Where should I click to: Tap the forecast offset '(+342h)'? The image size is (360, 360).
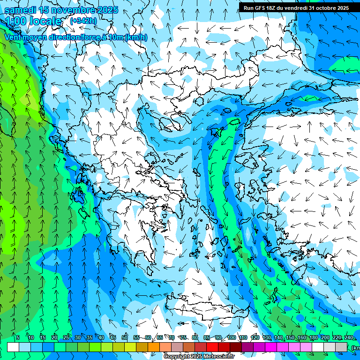pos(83,21)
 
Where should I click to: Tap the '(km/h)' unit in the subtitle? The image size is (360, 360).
pos(136,37)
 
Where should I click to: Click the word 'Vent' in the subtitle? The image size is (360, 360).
pos(13,37)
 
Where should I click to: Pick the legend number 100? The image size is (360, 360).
pos(231,337)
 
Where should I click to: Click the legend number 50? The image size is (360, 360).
pos(125,337)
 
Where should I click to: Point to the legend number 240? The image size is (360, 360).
pos(349,337)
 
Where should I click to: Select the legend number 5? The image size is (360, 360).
pos(17,337)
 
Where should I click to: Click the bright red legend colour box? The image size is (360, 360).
pos(212,347)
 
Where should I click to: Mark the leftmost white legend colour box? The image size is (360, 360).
pos(13,347)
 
